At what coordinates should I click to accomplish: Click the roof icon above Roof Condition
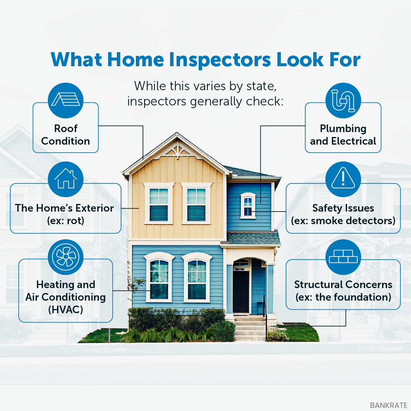pos(65,99)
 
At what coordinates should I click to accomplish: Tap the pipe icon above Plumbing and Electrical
pos(343,100)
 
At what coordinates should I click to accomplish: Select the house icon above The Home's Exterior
pos(65,178)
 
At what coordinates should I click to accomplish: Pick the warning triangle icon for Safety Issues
pos(343,178)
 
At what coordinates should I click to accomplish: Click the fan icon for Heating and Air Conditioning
pos(65,257)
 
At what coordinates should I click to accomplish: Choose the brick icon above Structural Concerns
pos(343,256)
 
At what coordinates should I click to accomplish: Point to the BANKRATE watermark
pos(389,405)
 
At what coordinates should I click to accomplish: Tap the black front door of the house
pos(241,292)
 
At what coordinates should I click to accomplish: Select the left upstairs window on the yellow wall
pos(159,204)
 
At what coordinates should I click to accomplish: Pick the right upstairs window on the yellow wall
pos(196,204)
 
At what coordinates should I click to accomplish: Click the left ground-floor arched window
pos(159,277)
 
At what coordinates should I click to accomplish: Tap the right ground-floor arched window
pos(197,277)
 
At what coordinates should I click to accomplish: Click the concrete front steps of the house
pos(250,328)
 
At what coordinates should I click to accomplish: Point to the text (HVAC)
pos(65,310)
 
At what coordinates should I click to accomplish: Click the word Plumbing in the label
pos(343,129)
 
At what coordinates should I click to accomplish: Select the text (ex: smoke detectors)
pos(343,221)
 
